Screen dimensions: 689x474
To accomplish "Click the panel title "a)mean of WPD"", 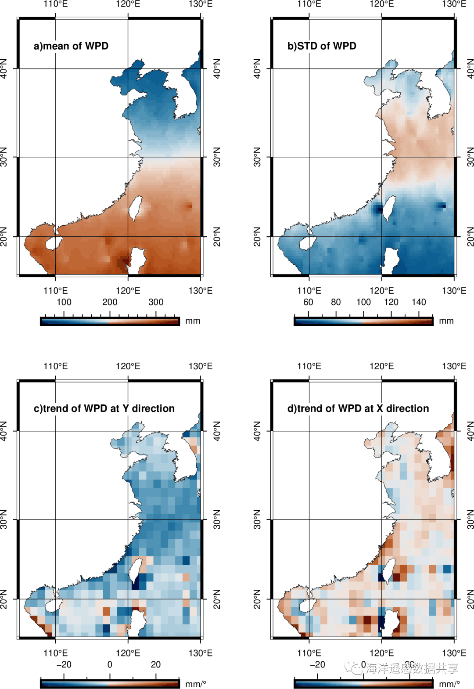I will click(71, 46).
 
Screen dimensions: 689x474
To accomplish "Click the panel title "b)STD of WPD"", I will click(322, 46).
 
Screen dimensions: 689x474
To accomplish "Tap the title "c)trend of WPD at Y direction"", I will click(104, 408).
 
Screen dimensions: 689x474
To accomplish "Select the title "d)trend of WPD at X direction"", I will click(358, 408).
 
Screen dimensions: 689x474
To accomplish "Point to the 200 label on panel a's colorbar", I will click(110, 302).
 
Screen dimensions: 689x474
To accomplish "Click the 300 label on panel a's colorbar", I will click(156, 302).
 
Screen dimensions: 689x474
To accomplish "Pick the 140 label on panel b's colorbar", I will click(419, 302).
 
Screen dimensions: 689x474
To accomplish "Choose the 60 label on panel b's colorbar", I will click(308, 302).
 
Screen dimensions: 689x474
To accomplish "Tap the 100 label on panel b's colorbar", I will click(363, 302).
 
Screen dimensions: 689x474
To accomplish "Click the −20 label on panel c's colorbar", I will click(64, 664).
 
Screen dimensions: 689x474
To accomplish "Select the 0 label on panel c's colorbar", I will click(110, 664).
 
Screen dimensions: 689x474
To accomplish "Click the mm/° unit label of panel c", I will click(196, 684).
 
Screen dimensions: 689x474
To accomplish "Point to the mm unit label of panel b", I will click(446, 321).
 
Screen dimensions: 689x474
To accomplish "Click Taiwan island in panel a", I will click(135, 207).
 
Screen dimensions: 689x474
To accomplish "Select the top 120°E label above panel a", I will click(128, 4).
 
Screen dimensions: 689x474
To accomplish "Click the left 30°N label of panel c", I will click(4, 519).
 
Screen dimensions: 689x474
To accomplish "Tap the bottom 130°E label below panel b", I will click(454, 291).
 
